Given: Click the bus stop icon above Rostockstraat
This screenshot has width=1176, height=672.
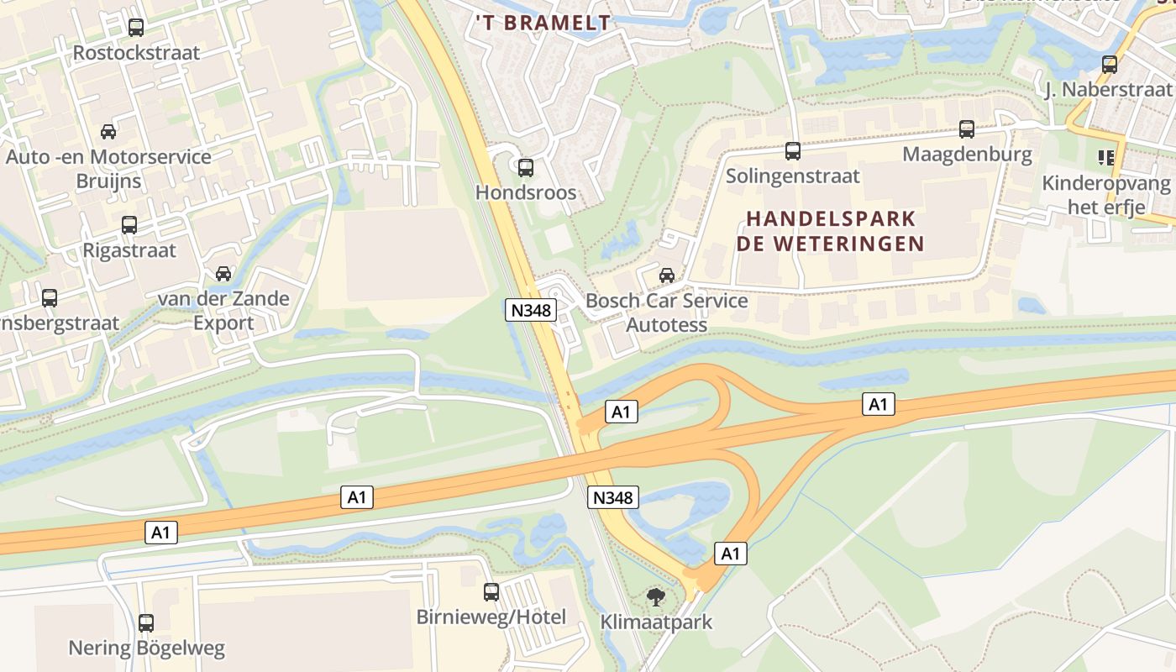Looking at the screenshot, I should tap(135, 28).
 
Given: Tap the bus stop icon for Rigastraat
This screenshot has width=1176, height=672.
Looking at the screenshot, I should tap(129, 225).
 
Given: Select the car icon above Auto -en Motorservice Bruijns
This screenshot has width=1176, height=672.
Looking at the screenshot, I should tap(108, 132).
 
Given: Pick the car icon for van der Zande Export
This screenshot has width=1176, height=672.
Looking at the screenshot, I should tap(223, 274).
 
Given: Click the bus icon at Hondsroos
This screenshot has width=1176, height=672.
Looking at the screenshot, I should tap(526, 168).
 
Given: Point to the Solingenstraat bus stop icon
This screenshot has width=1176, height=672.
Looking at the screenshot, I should tap(793, 151).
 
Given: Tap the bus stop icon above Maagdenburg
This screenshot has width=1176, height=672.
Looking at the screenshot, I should tap(967, 129).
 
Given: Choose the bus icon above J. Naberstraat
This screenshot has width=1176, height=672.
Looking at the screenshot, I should tap(1110, 64).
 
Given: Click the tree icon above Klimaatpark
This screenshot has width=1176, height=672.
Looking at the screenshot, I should tap(656, 597).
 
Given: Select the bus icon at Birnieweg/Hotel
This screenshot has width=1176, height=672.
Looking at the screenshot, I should tap(491, 592).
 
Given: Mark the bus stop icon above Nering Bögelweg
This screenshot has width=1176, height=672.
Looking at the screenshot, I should tap(146, 623).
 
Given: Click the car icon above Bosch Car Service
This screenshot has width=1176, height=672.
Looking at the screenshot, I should tap(667, 275).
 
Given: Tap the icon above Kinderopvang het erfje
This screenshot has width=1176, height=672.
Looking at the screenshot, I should tap(1105, 157).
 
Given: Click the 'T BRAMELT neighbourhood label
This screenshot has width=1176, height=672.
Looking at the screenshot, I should tap(543, 23).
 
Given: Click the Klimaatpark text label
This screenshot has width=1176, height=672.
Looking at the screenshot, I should tap(656, 622).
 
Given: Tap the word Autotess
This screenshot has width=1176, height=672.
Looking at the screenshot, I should tap(667, 325).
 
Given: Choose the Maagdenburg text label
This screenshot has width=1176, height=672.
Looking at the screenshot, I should tap(967, 155).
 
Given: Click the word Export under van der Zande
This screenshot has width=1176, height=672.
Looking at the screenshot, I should tap(223, 323).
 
